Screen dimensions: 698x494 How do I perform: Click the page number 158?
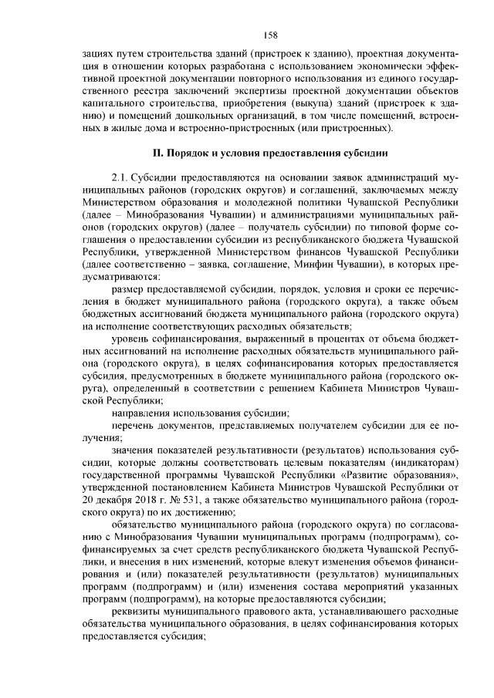tap(270, 34)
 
